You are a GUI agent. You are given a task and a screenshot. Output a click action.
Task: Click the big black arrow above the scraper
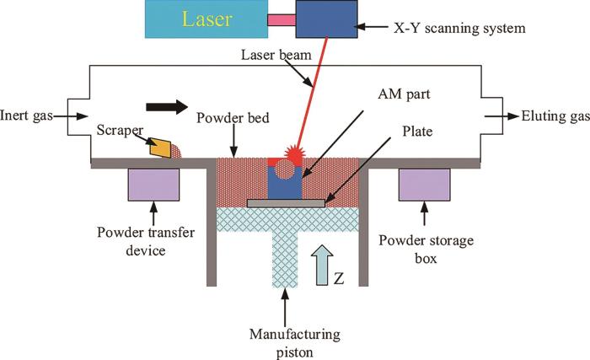pyautogui.click(x=168, y=107)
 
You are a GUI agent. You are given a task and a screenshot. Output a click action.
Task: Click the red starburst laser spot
pyautogui.click(x=299, y=154)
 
